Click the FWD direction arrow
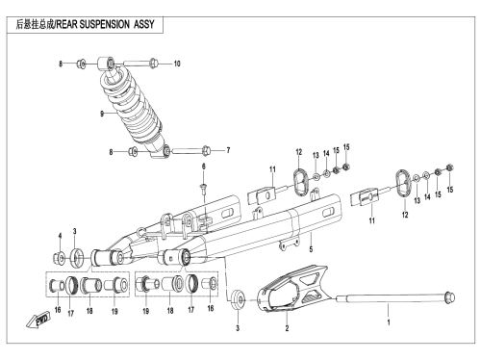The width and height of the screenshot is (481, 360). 38,321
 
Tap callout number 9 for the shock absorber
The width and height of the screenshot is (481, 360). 102,114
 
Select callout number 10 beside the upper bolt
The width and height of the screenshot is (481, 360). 177,64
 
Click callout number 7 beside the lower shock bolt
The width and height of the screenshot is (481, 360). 228,150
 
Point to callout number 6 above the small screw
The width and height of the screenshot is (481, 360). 203,167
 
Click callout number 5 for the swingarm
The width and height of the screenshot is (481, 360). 311,249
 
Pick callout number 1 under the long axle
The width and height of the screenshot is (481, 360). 389,322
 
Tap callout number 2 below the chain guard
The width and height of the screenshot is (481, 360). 287,328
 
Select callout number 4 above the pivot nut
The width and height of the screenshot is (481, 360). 60,236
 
